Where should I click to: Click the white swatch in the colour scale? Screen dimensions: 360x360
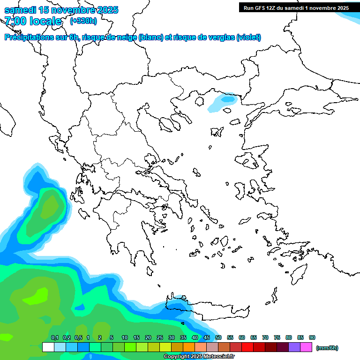(x=48, y=347)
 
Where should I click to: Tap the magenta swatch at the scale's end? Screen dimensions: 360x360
(x=307, y=347)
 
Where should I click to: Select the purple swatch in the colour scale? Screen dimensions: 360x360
(x=294, y=347)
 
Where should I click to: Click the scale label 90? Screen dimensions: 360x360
(x=312, y=337)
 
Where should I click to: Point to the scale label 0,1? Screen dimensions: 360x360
(x=54, y=337)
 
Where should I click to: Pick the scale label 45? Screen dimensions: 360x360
(x=207, y=337)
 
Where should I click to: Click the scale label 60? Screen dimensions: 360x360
(x=242, y=337)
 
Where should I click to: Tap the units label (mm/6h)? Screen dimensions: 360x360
(x=327, y=348)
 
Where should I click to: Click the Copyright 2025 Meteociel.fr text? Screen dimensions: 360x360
(x=199, y=357)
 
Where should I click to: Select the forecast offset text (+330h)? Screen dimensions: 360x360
(x=83, y=21)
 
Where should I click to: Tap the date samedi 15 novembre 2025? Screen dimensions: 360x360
(x=61, y=10)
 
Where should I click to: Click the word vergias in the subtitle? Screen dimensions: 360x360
(x=218, y=37)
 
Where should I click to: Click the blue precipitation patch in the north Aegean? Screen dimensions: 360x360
(x=228, y=99)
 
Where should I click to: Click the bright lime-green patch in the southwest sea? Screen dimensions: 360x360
(x=37, y=295)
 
